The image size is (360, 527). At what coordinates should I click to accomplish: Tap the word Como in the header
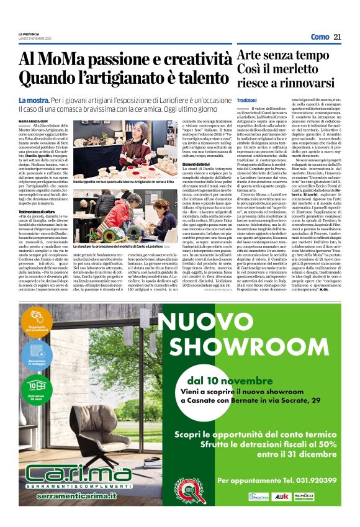(320, 37)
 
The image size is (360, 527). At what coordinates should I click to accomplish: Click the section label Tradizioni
(246, 100)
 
